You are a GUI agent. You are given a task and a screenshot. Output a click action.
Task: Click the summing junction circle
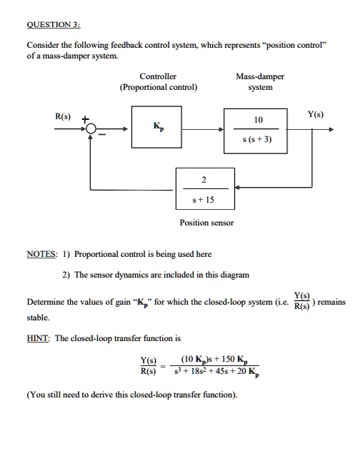pyautogui.click(x=92, y=130)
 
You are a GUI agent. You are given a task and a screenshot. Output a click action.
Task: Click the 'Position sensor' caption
pyautogui.click(x=206, y=223)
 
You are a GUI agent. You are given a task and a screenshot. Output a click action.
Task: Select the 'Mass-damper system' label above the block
pyautogui.click(x=260, y=81)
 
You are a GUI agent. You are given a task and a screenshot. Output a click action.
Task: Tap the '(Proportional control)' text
pyautogui.click(x=159, y=88)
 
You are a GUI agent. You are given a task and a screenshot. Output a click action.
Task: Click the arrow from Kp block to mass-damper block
pyautogui.click(x=203, y=130)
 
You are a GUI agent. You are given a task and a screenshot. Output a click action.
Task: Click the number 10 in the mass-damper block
pyautogui.click(x=259, y=121)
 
